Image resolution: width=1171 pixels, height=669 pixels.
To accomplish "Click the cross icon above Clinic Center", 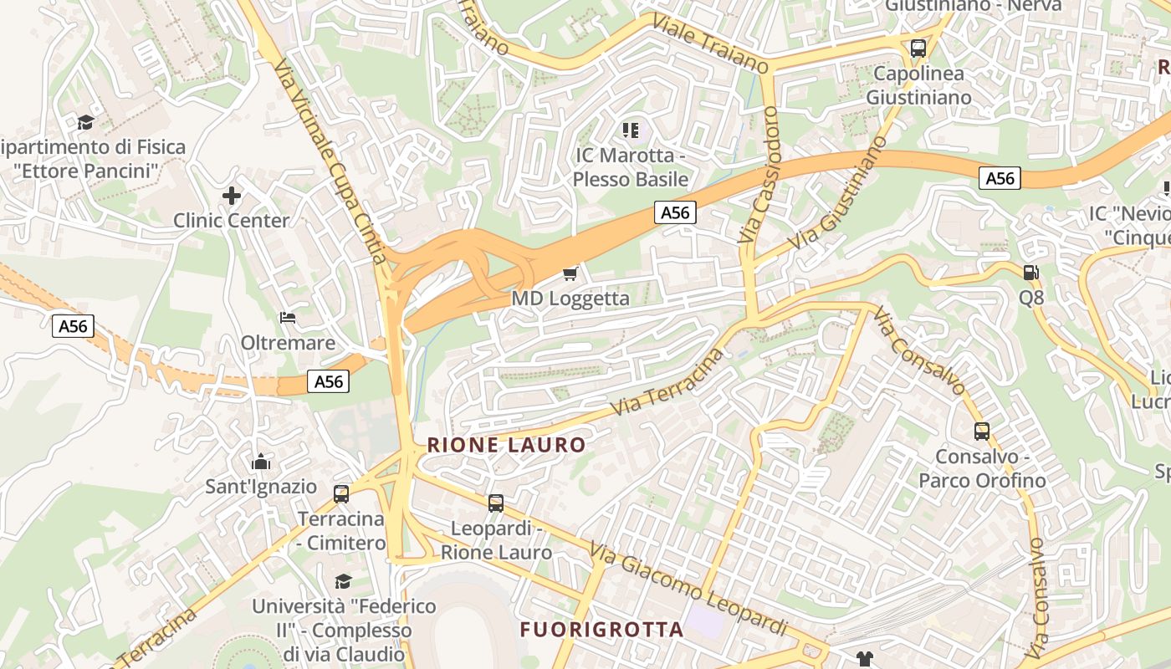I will click(232, 196).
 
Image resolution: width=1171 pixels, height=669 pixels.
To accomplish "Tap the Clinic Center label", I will click(231, 221).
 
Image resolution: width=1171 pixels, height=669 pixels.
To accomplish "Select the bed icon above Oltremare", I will click(288, 318).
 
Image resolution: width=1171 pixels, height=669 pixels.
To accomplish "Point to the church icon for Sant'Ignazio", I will click(261, 462).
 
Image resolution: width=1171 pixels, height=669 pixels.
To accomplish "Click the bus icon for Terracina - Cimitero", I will click(341, 493).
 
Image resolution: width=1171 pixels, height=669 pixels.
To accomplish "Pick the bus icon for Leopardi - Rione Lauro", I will click(496, 503).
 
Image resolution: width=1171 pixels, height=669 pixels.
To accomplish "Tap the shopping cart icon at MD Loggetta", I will click(570, 273).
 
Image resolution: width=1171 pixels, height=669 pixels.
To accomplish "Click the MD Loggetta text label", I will click(570, 299).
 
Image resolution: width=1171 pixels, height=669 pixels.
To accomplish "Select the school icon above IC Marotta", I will click(631, 130).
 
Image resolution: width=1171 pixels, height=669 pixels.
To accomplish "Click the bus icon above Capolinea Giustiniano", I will click(918, 49).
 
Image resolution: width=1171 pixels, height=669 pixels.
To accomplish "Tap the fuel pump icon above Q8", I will click(1031, 272).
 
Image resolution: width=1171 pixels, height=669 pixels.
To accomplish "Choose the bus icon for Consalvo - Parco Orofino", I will click(982, 432).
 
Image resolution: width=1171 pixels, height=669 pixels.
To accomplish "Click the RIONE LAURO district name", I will click(506, 445).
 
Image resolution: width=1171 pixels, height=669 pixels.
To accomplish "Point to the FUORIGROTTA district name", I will click(601, 630).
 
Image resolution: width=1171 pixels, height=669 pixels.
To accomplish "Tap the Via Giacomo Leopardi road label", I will click(688, 589).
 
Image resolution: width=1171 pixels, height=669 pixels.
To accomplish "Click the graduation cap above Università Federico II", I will click(343, 580).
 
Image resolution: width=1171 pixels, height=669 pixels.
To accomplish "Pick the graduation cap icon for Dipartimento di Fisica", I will click(85, 123).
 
